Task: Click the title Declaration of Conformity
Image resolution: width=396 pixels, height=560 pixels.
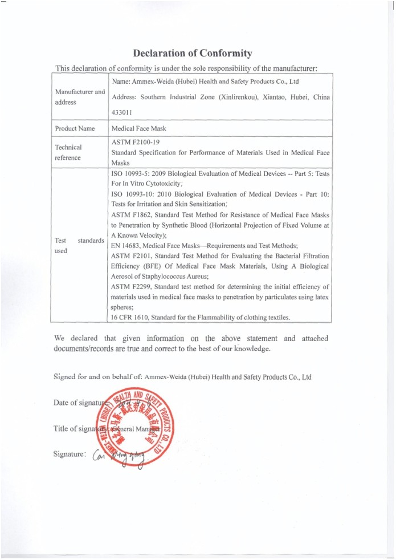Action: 192,54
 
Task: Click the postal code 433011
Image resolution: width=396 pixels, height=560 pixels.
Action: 123,112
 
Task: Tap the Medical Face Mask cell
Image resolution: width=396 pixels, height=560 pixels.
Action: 139,128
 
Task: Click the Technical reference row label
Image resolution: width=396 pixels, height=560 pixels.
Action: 68,152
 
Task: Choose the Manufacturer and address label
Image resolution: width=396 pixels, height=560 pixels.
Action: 80,97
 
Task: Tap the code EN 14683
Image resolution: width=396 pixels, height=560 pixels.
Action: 128,245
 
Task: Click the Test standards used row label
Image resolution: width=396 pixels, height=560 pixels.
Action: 79,245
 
